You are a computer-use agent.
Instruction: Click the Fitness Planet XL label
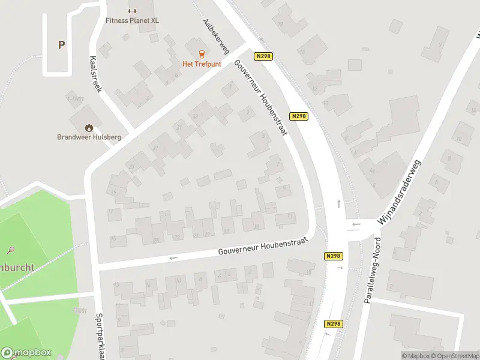pyautogui.click(x=132, y=20)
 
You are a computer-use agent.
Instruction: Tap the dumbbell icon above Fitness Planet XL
pyautogui.click(x=133, y=10)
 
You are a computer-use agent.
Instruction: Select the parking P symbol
pyautogui.click(x=61, y=44)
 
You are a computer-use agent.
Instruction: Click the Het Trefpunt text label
pyautogui.click(x=202, y=64)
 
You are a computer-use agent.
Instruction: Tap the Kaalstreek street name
pyautogui.click(x=95, y=73)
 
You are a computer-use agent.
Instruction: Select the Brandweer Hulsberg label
pyautogui.click(x=89, y=137)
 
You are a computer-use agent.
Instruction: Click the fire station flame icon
pyautogui.click(x=89, y=127)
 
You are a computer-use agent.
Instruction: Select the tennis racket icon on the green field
pyautogui.click(x=11, y=250)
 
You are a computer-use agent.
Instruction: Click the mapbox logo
pyautogui.click(x=26, y=353)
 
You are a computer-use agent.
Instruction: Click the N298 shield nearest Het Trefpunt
pyautogui.click(x=263, y=56)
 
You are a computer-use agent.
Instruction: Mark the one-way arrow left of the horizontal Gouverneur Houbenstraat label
pyautogui.click(x=174, y=258)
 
